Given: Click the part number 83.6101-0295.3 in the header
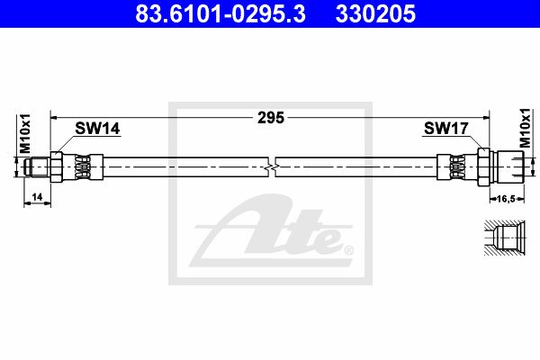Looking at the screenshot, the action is click(220, 13).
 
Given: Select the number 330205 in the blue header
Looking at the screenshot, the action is click(375, 13).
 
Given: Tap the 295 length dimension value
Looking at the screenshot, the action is click(271, 118).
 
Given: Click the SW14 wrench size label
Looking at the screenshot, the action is click(97, 129).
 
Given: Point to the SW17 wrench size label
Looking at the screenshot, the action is click(446, 129).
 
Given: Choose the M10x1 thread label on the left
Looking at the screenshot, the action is click(25, 134).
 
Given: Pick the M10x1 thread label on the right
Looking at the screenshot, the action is click(526, 128).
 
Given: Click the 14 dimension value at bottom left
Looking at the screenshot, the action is click(37, 197).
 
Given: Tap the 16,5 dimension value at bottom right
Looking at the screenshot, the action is click(507, 198).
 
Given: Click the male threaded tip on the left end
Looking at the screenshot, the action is click(37, 167).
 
